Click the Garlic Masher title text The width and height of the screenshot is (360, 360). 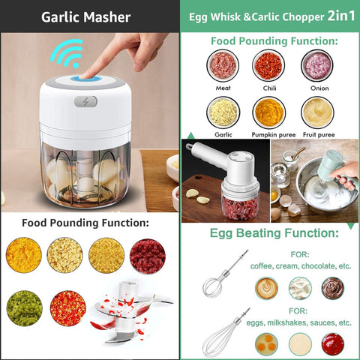(x=85, y=16)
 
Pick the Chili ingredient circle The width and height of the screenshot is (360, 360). (x=268, y=66)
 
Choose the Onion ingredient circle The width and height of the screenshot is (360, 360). (x=317, y=66)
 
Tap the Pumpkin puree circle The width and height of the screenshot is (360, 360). (x=268, y=112)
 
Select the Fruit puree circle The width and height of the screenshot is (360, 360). (x=317, y=112)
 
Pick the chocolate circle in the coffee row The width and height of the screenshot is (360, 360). (x=332, y=288)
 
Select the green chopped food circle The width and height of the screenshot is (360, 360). (x=24, y=307)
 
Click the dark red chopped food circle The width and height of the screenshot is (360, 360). (x=147, y=255)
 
